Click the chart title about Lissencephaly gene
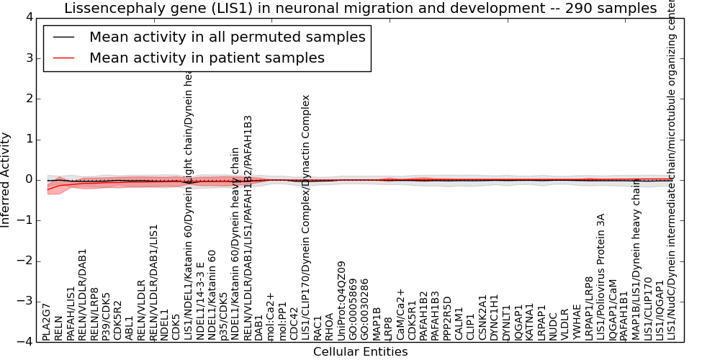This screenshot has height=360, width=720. pos(360,9)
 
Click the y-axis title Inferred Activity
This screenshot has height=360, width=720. pos(6,179)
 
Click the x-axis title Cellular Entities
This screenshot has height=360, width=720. pos(360,352)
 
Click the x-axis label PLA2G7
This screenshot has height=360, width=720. pos(47,322)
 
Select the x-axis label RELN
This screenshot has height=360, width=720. pos(59,328)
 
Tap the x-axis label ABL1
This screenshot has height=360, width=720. pos(130,328)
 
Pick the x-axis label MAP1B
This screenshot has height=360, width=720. pos(377,325)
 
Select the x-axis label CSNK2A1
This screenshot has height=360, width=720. pos(482,318)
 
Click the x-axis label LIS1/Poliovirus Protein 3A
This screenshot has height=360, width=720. pos(600,276)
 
